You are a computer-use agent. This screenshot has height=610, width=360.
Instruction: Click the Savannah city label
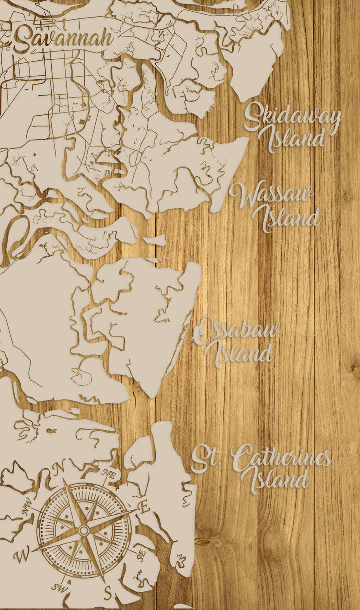pyautogui.click(x=63, y=39)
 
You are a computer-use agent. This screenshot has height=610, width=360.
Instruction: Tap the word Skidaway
pyautogui.click(x=293, y=117)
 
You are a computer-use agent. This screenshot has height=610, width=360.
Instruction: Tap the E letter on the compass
pyautogui.click(x=144, y=508)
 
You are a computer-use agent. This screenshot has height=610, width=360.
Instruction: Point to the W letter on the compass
pyautogui.click(x=21, y=555)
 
